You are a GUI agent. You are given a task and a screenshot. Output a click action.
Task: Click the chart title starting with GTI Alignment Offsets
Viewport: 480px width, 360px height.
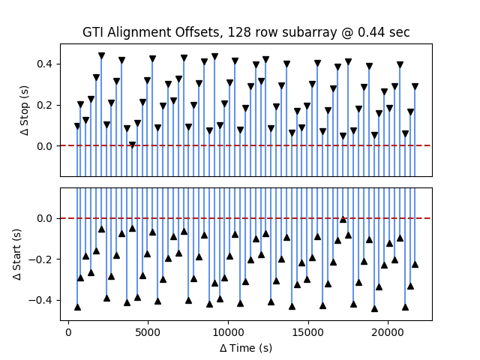pos(246,32)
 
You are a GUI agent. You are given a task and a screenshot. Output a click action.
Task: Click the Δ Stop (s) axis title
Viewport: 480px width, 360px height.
pos(25,110)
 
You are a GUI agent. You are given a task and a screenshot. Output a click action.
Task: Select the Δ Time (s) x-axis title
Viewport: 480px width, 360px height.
pos(246,348)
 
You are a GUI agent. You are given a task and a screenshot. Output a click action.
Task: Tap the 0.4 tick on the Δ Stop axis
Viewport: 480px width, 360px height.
pos(46,64)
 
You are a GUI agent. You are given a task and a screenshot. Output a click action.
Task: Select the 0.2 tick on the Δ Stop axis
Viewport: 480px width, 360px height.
pos(46,105)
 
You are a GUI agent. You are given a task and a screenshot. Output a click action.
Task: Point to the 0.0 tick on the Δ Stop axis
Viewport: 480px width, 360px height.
pos(46,146)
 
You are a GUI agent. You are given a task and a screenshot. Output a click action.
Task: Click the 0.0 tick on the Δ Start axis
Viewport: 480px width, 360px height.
pos(46,218)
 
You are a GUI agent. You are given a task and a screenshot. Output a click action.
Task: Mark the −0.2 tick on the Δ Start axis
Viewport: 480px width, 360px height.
pos(43,259)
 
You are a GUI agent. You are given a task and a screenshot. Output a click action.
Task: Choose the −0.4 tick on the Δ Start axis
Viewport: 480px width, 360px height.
pos(43,300)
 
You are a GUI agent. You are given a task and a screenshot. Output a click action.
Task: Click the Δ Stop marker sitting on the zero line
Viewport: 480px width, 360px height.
pos(132,145)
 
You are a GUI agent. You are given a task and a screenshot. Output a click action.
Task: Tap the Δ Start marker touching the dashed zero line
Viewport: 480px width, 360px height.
pos(343,219)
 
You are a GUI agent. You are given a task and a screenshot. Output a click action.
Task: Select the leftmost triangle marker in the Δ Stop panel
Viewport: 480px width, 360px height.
pos(77,126)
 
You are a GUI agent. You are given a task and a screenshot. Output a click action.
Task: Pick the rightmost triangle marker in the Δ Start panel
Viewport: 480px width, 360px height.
pos(415,264)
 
